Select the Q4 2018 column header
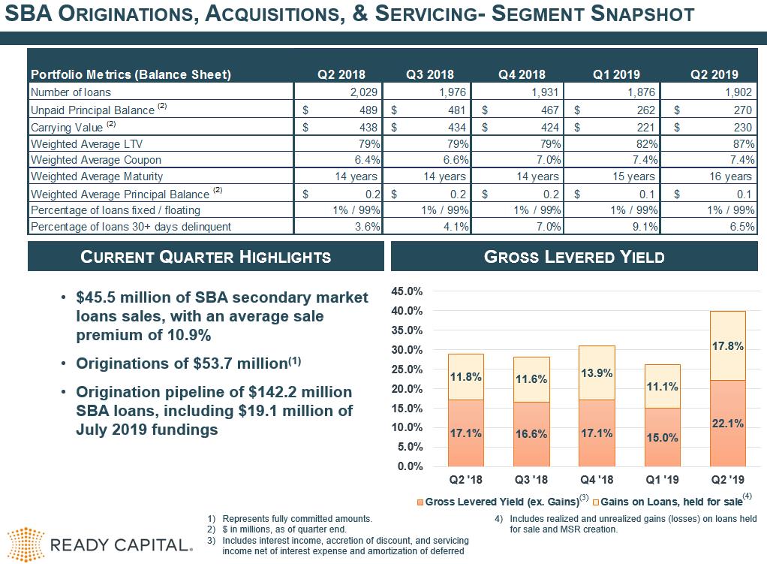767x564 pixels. [522, 74]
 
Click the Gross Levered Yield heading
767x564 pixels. [574, 257]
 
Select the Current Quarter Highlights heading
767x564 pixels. [205, 257]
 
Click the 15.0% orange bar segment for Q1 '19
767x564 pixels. [662, 436]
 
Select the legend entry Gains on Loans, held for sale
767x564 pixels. [671, 502]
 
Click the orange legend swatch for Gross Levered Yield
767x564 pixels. [420, 502]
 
